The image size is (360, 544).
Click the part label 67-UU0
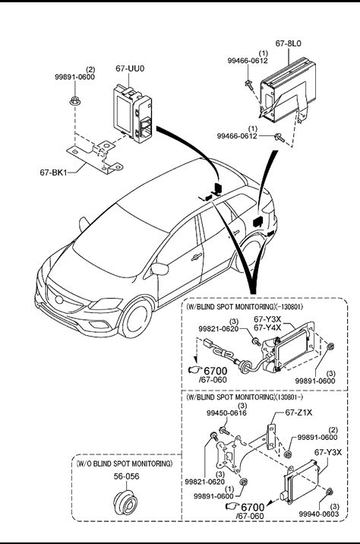130,68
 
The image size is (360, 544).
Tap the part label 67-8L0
288,43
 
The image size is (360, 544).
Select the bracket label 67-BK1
53,172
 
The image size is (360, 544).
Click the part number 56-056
127,476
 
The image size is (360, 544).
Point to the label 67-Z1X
298,413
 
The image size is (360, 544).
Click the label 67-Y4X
267,327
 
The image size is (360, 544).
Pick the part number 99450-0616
226,413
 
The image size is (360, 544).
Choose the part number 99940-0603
319,514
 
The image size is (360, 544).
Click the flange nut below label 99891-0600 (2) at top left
74,101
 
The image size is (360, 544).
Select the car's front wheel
135,319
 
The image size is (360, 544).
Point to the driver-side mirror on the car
160,269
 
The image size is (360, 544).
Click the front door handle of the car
196,257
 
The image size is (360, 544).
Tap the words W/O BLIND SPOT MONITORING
124,463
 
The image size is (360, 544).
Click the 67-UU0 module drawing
132,115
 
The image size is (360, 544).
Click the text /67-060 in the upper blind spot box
213,380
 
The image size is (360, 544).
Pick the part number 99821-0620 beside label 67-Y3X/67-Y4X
219,328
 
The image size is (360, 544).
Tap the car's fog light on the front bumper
100,324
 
